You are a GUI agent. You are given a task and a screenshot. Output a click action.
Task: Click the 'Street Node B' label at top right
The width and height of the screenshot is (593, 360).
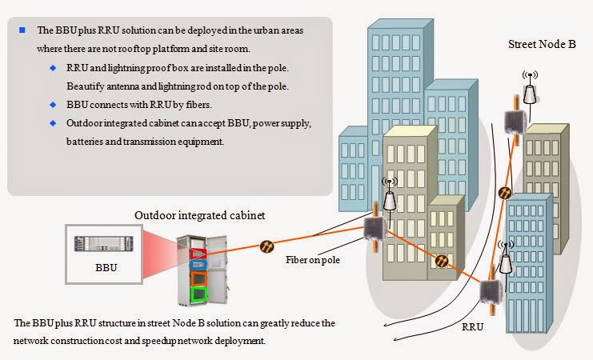click(542, 45)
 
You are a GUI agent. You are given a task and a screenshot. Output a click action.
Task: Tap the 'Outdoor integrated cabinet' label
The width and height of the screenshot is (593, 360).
click(199, 215)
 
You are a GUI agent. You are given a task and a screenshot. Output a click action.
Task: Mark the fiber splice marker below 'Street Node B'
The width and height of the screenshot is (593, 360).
click(505, 192)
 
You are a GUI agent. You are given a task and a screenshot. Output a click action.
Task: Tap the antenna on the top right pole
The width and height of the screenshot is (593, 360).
click(529, 90)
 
